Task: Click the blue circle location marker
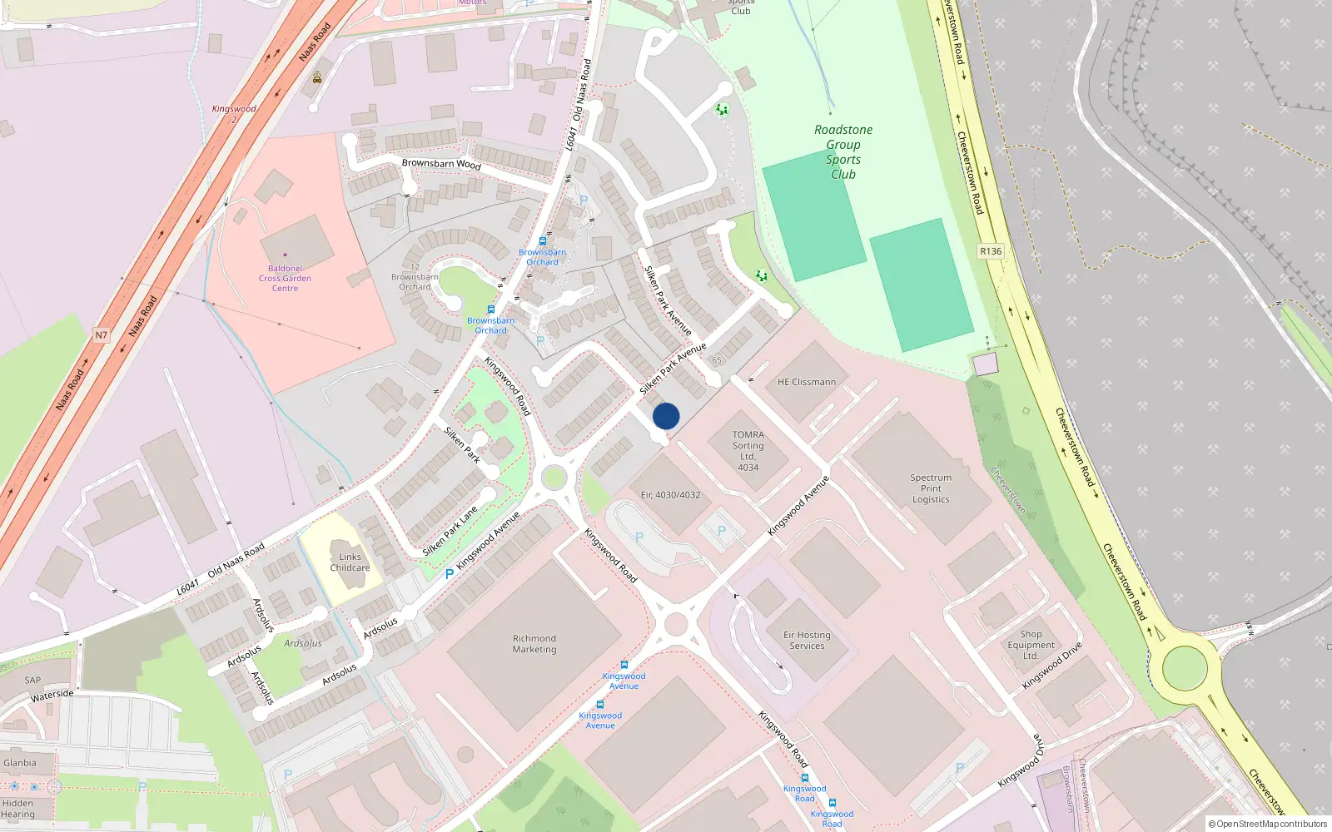(x=666, y=416)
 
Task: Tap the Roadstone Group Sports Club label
(x=843, y=151)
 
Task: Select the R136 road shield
(x=991, y=251)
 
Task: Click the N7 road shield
(x=101, y=335)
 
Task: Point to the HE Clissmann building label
(x=806, y=382)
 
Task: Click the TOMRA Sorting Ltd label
(x=748, y=450)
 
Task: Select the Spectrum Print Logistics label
(x=931, y=488)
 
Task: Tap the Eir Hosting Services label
(x=807, y=640)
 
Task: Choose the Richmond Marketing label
(x=534, y=644)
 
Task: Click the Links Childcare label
(x=350, y=562)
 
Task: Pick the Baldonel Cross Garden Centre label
(x=285, y=278)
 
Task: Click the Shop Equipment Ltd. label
(x=1031, y=645)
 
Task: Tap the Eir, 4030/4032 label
(x=670, y=495)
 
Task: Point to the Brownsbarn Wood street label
(x=441, y=163)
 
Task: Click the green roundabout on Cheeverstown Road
(x=1184, y=667)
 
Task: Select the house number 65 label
(x=717, y=360)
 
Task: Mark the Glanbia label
(x=20, y=763)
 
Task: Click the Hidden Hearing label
(x=17, y=809)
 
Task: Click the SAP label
(x=32, y=680)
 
